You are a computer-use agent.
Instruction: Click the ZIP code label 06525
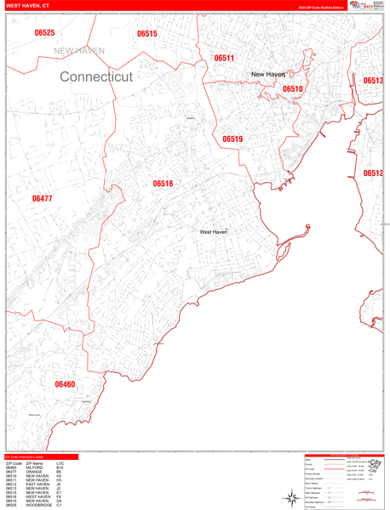(x=45, y=33)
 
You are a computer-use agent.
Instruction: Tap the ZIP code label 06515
(x=146, y=34)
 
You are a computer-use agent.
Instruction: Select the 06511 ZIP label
(x=224, y=59)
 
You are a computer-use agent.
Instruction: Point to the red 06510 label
(x=292, y=88)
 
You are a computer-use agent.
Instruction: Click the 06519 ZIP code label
(x=232, y=139)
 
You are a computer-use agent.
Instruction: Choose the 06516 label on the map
(x=163, y=184)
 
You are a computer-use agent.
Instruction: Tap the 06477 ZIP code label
(x=42, y=199)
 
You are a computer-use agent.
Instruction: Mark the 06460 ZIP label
(x=65, y=384)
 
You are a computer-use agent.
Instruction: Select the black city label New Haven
(x=267, y=75)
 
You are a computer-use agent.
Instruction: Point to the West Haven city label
(x=214, y=231)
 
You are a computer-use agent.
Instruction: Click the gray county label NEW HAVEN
(x=79, y=51)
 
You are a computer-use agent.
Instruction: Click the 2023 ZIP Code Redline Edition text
(x=321, y=8)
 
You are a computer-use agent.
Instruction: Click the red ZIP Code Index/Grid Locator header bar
(x=41, y=457)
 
